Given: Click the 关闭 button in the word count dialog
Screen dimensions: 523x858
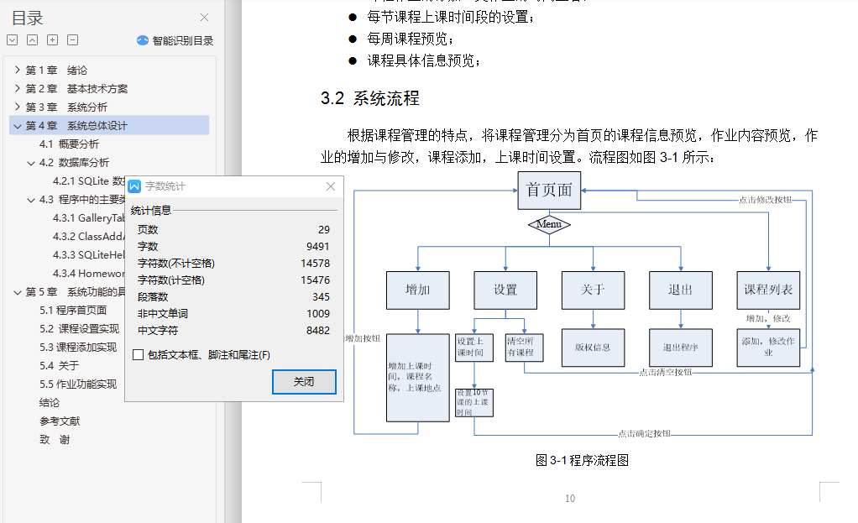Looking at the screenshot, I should pos(304,382).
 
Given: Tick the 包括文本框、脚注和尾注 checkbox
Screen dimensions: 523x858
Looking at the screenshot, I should pos(138,355).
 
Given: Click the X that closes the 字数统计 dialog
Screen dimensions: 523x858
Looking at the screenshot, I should pos(331,186).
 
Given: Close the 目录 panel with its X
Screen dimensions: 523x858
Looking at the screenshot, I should pos(204,18).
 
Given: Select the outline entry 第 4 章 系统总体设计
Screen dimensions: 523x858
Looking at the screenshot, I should pos(76,126).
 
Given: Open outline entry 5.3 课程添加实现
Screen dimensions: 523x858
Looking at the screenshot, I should pos(78,347).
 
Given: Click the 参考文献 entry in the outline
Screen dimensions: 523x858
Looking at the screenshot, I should pos(60,421).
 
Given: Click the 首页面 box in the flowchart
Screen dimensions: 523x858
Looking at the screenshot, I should pos(549,191).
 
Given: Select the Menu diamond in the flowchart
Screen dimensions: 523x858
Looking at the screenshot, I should pos(549,225).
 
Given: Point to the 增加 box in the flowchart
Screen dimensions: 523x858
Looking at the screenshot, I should pos(417,290).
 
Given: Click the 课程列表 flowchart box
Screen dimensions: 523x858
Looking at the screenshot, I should pos(768,290).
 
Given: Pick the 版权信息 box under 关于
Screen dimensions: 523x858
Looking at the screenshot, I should pos(593,347).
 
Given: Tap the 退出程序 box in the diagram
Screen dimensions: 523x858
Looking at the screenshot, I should pos(680,347).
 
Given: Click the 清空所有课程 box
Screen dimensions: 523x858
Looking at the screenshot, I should pos(524,347).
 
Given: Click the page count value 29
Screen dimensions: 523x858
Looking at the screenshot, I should pos(323,230).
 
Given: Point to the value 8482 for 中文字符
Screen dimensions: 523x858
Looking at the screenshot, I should pos(317,331).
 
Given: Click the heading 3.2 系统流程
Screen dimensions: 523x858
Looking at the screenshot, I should pos(370,98).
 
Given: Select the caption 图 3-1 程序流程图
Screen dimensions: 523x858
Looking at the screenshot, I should pos(582,460).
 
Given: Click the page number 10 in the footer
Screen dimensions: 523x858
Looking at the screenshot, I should pos(570,499).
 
